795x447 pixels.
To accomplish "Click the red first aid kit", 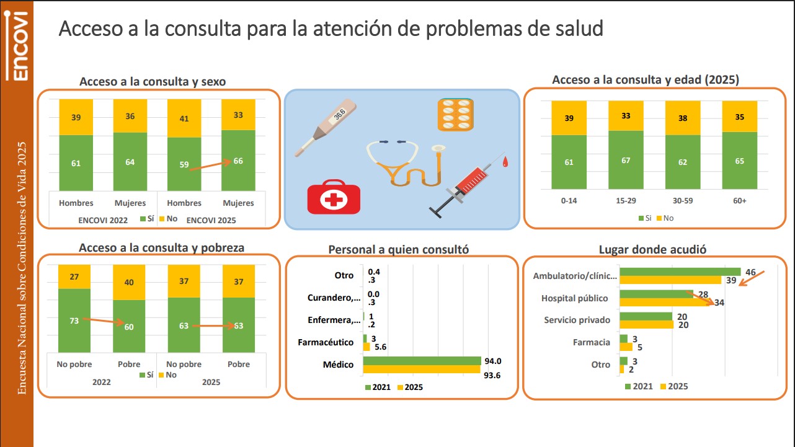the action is (x=334, y=197).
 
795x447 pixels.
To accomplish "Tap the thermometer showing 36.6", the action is (x=326, y=127).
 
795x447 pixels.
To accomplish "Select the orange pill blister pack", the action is (x=455, y=115).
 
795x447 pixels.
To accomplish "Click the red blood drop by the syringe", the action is (x=505, y=162).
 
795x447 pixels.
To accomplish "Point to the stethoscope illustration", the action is (x=406, y=162).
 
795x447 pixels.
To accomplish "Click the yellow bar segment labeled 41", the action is (x=184, y=118).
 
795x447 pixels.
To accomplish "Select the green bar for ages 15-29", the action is (x=626, y=160).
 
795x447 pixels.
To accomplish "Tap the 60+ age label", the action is (x=740, y=201).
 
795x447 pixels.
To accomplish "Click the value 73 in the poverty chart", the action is (x=74, y=321).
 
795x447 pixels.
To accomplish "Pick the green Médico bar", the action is (x=422, y=361).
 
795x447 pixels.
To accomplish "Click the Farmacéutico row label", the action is (x=326, y=342).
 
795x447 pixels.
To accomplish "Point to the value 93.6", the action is (x=492, y=375).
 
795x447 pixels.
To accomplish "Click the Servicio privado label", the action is (x=577, y=320).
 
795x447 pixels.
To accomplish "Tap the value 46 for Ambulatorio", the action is (x=750, y=272).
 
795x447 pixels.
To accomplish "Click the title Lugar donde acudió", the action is (x=652, y=249).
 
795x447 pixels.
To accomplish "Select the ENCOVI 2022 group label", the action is (x=102, y=220).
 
